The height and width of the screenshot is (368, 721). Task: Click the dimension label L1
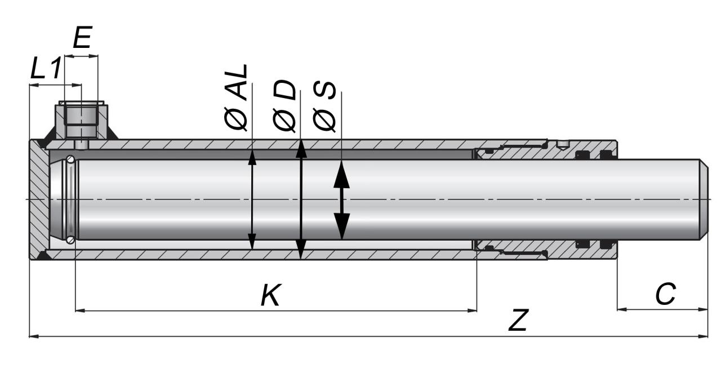(x=45, y=69)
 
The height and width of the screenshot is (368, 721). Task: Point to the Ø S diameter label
(x=325, y=108)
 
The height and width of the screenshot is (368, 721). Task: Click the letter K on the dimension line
(x=270, y=295)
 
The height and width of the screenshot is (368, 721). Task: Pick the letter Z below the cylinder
(x=518, y=321)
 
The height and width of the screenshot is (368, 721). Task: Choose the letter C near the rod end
(x=665, y=295)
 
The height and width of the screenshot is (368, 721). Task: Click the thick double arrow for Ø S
(x=341, y=199)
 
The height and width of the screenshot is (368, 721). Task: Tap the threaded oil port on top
(x=80, y=118)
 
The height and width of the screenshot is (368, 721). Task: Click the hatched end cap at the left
(x=38, y=199)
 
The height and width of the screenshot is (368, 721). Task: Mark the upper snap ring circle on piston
(x=70, y=159)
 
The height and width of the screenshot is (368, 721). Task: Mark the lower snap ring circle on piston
(x=70, y=240)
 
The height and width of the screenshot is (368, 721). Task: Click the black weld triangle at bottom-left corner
(x=42, y=256)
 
